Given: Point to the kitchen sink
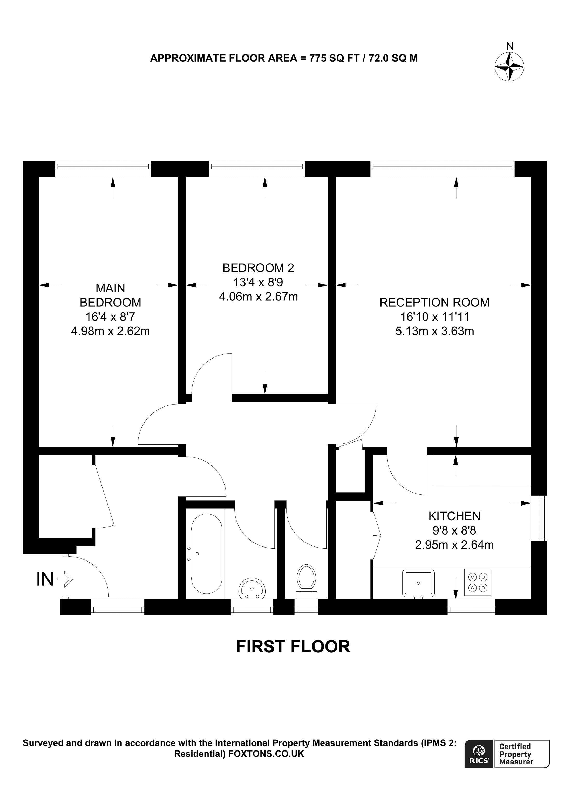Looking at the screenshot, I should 418,583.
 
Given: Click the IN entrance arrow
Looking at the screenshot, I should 65,579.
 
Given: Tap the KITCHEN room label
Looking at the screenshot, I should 454,516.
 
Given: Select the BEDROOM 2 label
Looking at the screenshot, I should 258,268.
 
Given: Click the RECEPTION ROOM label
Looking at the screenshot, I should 434,303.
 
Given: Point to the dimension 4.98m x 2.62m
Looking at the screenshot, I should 111,332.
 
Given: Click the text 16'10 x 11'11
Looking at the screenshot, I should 435,317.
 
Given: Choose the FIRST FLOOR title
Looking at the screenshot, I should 293,647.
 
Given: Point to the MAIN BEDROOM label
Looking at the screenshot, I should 111,295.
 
